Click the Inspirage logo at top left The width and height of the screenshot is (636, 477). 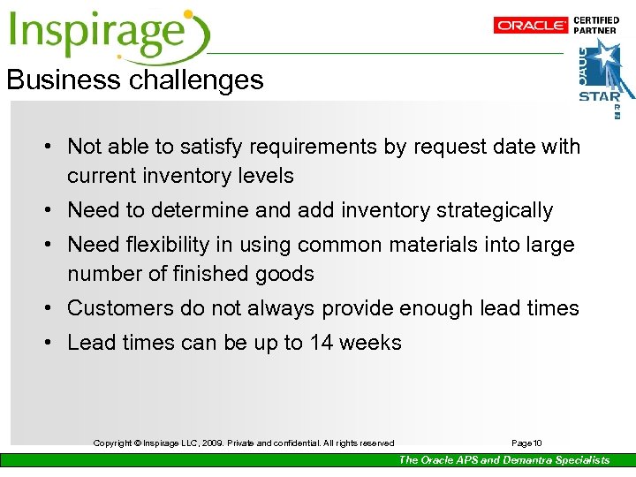(109, 34)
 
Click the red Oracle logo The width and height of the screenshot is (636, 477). (530, 26)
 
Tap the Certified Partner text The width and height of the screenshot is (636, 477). (596, 25)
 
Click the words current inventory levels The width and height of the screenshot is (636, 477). (180, 176)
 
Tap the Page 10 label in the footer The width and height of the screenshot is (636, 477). (527, 443)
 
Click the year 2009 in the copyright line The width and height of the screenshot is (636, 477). (208, 443)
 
